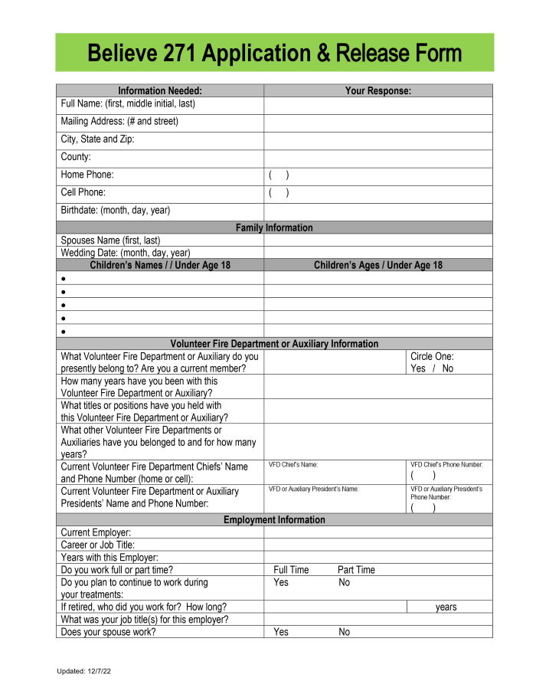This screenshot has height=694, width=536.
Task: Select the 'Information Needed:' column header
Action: point(160,90)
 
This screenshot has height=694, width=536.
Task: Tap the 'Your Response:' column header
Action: point(377,90)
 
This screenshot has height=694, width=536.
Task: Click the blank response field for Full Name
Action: point(377,104)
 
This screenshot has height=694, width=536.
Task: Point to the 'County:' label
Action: point(76,157)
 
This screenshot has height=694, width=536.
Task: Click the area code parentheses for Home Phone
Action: point(279,175)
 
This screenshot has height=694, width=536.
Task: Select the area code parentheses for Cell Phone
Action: point(279,192)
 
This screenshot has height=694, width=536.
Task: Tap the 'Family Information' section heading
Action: point(274,228)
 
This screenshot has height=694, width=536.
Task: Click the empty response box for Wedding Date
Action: point(377,253)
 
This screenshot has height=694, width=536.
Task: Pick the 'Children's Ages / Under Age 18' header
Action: point(377,265)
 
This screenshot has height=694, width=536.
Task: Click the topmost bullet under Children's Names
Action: point(64,279)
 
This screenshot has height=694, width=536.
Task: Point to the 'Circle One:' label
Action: point(432,356)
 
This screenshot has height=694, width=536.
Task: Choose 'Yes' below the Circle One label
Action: point(418,368)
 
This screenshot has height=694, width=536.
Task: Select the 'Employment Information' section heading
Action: point(274,519)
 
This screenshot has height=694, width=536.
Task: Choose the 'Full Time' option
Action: point(291,570)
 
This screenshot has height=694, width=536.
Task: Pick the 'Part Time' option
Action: point(356,570)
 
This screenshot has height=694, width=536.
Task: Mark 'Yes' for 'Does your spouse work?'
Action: point(281,632)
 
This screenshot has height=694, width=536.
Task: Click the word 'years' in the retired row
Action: point(446,607)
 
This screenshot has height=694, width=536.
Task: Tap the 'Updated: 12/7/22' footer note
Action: point(84,671)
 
